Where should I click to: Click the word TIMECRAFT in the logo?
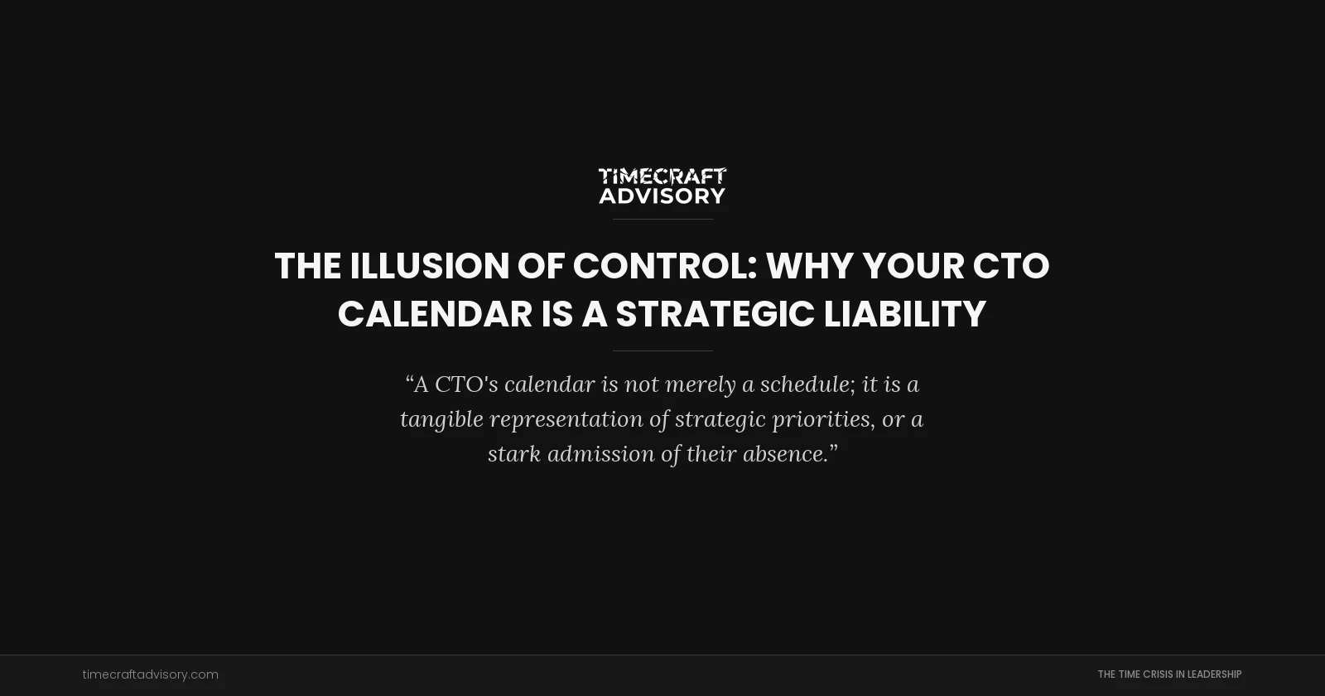662,176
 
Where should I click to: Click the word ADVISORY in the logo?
662,196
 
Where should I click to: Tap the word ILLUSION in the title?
429,267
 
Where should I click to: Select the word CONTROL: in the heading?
665,267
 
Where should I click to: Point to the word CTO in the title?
1010,267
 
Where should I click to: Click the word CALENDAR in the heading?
435,315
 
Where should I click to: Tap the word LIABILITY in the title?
904,315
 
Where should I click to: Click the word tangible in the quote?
441,419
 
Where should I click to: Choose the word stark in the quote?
513,454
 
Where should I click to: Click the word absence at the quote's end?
790,454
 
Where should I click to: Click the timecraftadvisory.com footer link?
150,674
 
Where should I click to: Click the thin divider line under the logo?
662,219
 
